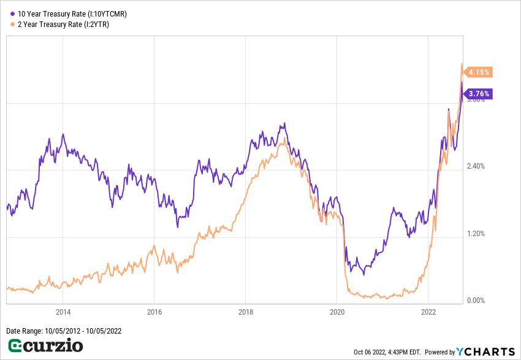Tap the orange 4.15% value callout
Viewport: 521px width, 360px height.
click(479, 72)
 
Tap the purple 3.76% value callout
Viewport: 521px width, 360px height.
click(478, 94)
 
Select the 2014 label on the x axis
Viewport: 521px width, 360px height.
click(63, 311)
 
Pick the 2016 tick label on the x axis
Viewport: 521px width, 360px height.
click(154, 311)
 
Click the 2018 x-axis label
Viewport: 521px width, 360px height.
click(245, 311)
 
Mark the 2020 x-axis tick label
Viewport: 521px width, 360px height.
click(337, 311)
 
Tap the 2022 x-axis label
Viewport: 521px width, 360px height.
click(428, 311)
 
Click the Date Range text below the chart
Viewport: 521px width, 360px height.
click(64, 331)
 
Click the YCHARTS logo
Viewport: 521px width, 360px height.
click(484, 351)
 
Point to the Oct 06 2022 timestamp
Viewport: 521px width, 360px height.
click(387, 352)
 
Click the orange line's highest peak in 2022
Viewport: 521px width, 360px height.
click(462, 64)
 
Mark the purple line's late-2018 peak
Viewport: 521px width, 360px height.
click(284, 124)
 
